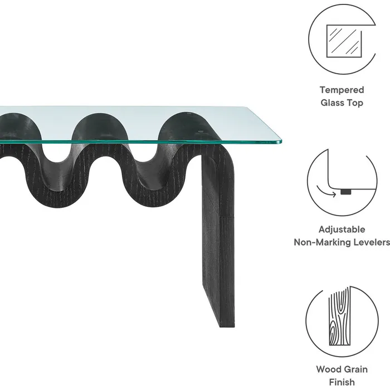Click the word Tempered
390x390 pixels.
click(342, 90)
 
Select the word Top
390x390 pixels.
click(354, 103)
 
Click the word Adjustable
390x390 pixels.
click(342, 230)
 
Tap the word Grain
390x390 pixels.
click(356, 369)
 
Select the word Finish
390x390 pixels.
click(342, 382)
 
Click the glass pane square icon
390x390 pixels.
click(344, 41)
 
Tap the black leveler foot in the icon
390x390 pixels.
click(346, 192)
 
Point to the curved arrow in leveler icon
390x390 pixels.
click(326, 191)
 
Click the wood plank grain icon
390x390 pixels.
click(340, 316)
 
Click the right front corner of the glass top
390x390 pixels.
click(281, 142)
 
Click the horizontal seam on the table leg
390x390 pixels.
click(227, 216)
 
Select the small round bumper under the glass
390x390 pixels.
click(201, 131)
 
